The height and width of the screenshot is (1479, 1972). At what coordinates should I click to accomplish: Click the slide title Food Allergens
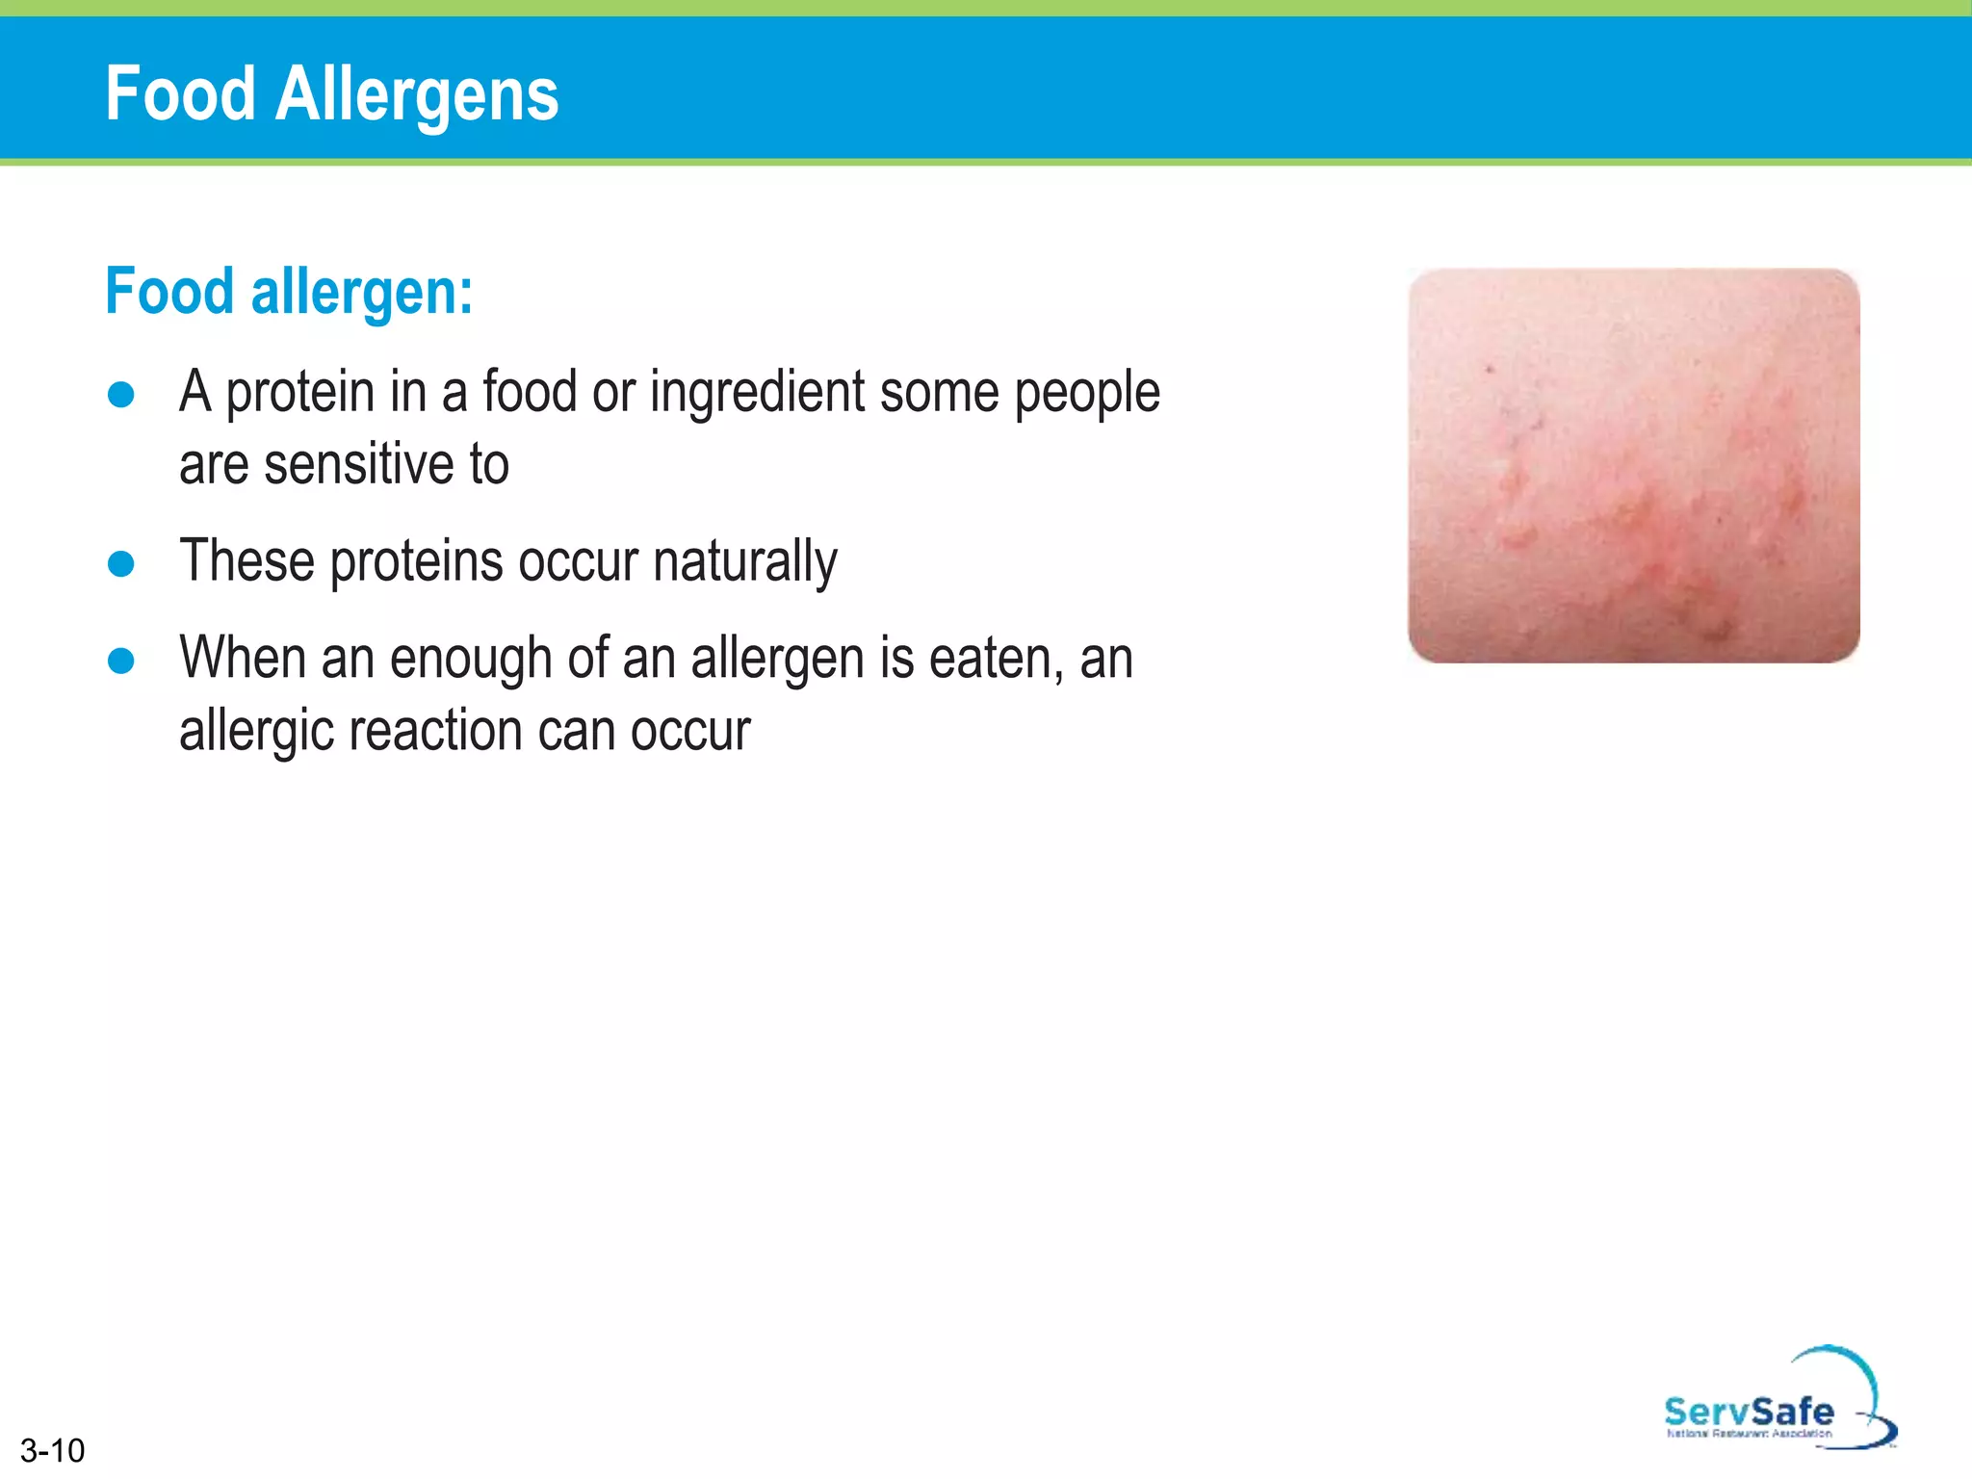(331, 94)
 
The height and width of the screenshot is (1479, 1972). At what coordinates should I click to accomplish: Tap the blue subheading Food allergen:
(289, 291)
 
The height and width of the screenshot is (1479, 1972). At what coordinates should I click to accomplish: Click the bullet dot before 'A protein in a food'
(121, 395)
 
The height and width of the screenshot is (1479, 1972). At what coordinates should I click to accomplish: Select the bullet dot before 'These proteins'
(121, 563)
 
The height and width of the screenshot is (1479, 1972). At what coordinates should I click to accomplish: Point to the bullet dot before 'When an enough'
(121, 661)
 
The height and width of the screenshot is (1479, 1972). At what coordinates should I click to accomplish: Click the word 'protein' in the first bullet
(299, 393)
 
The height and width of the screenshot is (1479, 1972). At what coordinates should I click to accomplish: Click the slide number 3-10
(52, 1450)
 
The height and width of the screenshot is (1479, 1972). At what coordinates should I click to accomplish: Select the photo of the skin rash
(1633, 465)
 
